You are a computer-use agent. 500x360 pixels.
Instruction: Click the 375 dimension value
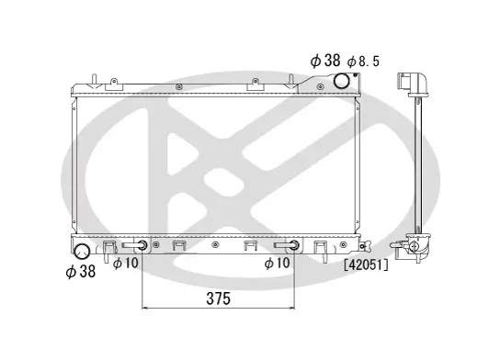[x=218, y=298]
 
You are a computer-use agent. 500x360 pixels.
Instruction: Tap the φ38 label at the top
[x=325, y=60]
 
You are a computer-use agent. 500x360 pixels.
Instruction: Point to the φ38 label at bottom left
[x=81, y=271]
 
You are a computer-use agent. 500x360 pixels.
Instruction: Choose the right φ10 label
[x=277, y=264]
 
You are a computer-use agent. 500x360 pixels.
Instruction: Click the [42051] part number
[x=366, y=265]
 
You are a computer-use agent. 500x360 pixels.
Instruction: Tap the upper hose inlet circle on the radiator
[x=342, y=81]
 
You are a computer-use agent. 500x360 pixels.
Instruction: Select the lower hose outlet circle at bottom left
[x=82, y=251]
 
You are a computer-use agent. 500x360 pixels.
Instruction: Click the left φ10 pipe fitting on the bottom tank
[x=141, y=245]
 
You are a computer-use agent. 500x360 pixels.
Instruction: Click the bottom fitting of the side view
[x=418, y=245]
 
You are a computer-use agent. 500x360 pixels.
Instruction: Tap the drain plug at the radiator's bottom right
[x=367, y=245]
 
